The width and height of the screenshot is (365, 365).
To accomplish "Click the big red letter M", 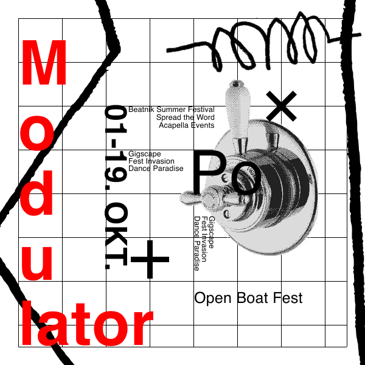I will (44, 64).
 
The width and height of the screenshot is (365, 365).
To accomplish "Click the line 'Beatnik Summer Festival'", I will (171, 110).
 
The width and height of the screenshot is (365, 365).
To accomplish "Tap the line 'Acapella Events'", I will (186, 125).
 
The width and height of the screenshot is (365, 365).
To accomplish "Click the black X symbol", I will (282, 107).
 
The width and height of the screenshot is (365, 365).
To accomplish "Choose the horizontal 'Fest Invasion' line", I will (151, 161).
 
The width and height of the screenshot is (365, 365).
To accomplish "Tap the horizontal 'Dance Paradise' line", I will (156, 169).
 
